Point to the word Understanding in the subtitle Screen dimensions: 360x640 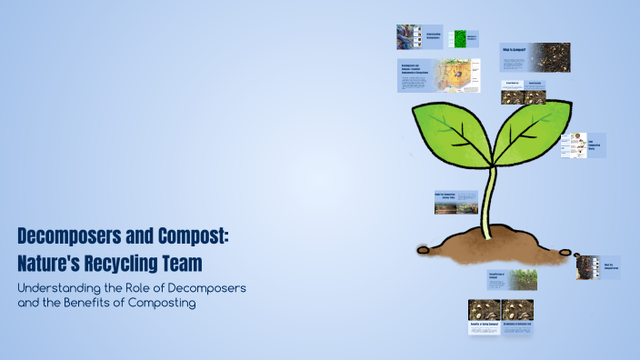pyautogui.click(x=60, y=287)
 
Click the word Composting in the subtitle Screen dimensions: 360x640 pyautogui.click(x=165, y=303)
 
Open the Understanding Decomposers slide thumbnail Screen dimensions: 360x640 pyautogui.click(x=419, y=37)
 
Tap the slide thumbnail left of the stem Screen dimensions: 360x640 pyautogui.click(x=455, y=201)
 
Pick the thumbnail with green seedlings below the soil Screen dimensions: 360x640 pyautogui.click(x=512, y=278)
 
